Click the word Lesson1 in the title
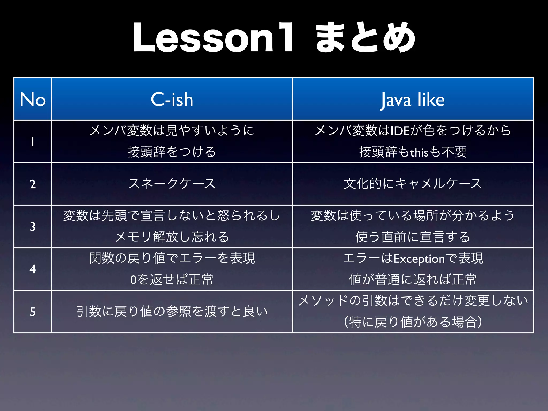coord(213,38)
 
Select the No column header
coord(33,99)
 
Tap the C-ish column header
coord(172,99)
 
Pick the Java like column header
coord(413,99)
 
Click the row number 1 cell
coord(33,142)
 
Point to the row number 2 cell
coord(33,184)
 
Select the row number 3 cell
coord(33,226)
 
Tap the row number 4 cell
coord(33,269)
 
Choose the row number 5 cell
coord(33,311)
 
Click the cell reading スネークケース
coord(172,184)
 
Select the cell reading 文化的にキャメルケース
coord(413,184)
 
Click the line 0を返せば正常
coord(172,280)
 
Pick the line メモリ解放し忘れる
coord(172,237)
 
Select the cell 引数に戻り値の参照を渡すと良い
coord(172,311)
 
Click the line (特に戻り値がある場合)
coord(413,322)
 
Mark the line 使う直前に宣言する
coord(413,237)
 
